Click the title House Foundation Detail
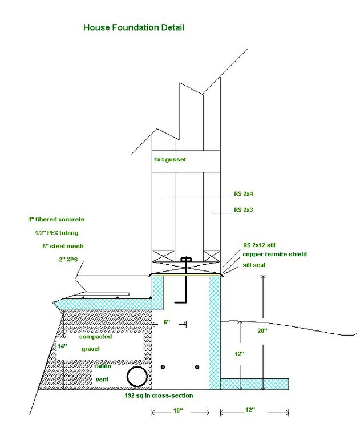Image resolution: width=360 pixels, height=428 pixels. pos(134,27)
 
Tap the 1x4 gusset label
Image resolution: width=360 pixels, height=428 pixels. pos(171,160)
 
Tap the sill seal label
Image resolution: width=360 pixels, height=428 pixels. pos(257,265)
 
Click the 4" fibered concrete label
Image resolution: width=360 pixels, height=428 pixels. pos(56,219)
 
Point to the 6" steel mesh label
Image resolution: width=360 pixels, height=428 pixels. pos(59,246)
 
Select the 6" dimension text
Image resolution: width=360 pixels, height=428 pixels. pos(167,322)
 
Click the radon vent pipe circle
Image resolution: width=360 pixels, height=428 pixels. pos(137,377)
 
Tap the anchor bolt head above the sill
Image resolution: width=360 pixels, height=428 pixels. pos(184,260)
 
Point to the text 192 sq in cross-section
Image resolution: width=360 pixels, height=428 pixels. pos(159,395)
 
